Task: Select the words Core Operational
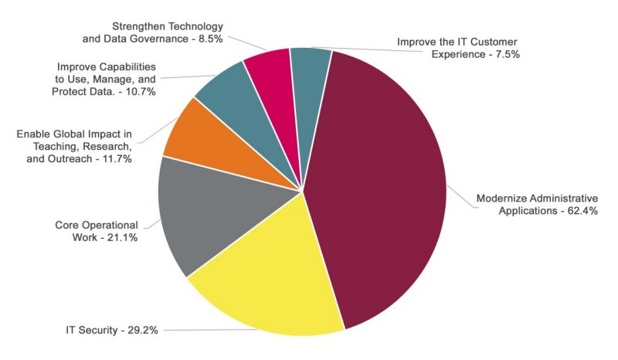click(97, 225)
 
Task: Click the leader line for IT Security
click(209, 330)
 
